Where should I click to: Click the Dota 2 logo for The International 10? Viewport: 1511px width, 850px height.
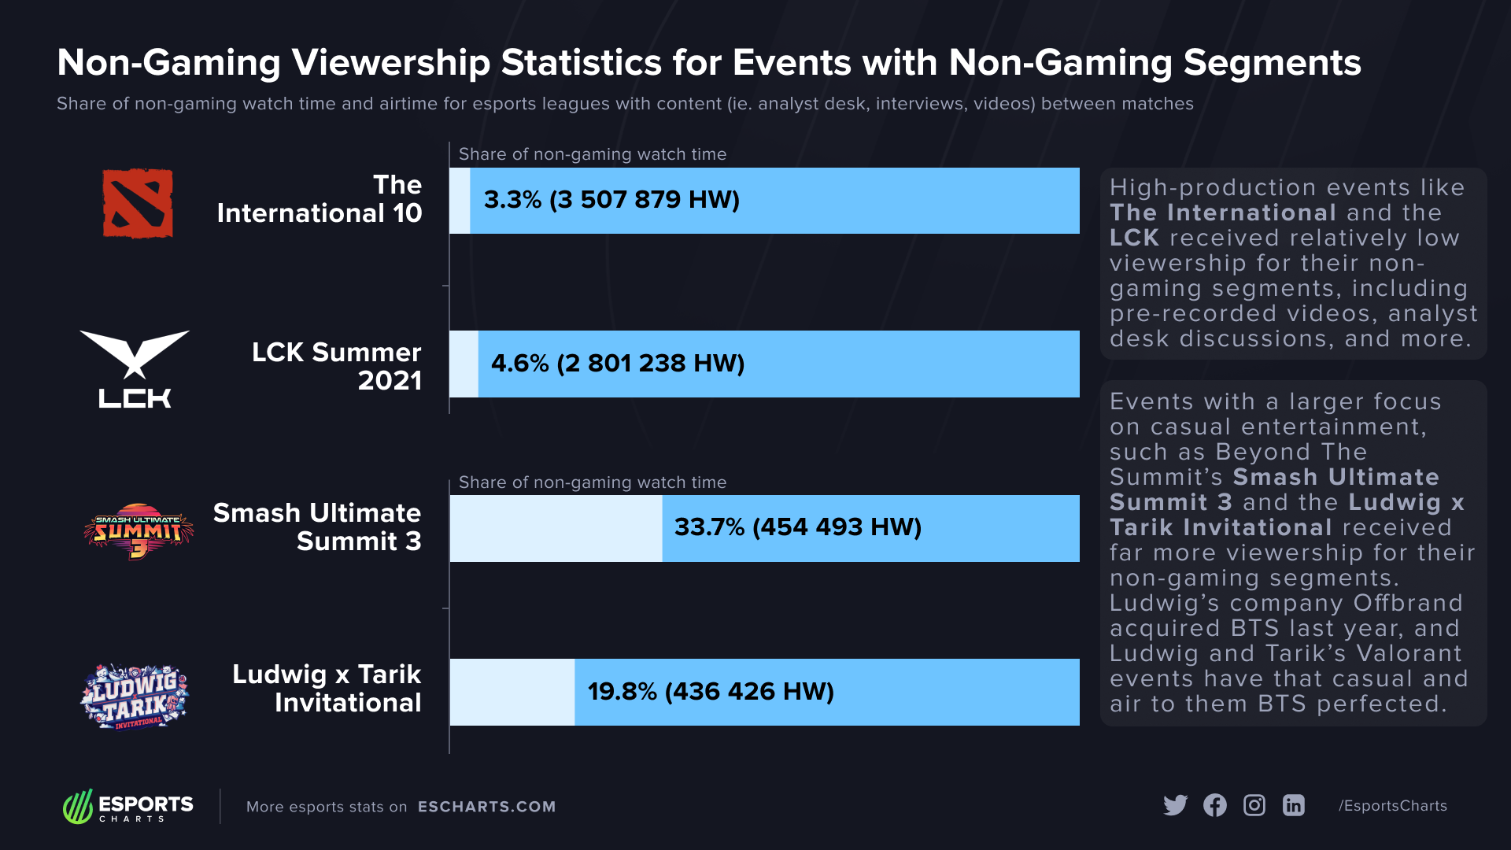pos(138,203)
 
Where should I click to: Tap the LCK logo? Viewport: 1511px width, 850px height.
pos(135,368)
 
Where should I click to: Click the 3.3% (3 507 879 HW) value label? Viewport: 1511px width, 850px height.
pos(611,200)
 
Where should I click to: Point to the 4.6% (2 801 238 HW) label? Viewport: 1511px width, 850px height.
pos(618,364)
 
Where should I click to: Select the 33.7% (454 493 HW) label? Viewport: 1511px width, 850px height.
pos(797,527)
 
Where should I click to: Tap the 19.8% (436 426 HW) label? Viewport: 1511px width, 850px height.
pos(711,692)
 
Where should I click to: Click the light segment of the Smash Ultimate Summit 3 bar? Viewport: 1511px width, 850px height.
pos(556,528)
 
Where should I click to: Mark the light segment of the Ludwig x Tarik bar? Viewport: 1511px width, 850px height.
pos(512,692)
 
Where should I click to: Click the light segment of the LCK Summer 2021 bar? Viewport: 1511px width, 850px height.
pos(464,364)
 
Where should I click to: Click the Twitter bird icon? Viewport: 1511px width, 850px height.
pos(1175,805)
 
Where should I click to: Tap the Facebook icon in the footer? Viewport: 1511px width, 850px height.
pos(1215,805)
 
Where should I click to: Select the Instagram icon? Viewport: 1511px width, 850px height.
pos(1254,805)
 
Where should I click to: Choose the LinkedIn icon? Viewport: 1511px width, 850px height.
pos(1294,805)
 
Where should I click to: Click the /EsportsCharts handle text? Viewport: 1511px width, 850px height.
pos(1393,806)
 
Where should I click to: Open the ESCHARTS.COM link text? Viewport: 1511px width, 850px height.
pos(486,807)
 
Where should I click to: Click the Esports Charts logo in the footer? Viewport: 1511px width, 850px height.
pos(128,806)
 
